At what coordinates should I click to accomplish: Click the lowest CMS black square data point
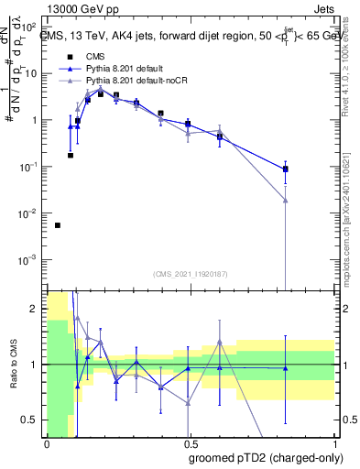click(x=58, y=225)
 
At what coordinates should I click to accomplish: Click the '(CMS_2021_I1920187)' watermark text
click(x=190, y=273)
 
